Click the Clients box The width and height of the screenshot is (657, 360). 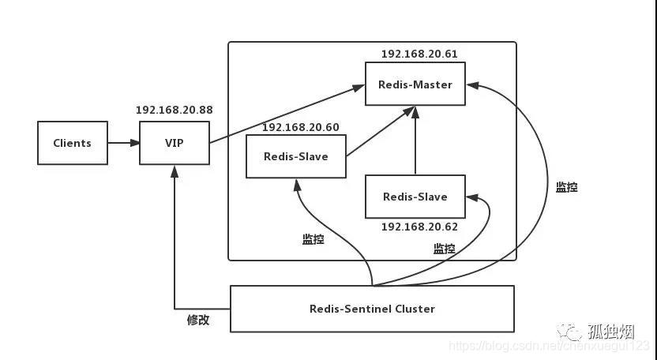pyautogui.click(x=73, y=143)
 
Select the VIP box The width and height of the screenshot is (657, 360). pyautogui.click(x=175, y=143)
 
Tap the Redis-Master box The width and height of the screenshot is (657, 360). pyautogui.click(x=415, y=84)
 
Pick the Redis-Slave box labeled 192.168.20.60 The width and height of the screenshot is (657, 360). pyautogui.click(x=296, y=156)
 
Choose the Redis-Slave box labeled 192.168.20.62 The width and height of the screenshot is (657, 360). pyautogui.click(x=415, y=197)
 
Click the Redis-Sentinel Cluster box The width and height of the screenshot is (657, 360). pyautogui.click(x=372, y=309)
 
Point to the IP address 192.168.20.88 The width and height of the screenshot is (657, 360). pyautogui.click(x=175, y=111)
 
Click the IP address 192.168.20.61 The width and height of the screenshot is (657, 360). pyautogui.click(x=419, y=54)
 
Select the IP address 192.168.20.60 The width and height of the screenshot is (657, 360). pyautogui.click(x=300, y=126)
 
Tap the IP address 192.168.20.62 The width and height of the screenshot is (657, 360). pyautogui.click(x=419, y=227)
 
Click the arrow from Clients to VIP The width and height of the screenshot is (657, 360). pyautogui.click(x=123, y=143)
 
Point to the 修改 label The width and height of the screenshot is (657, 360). pyautogui.click(x=198, y=321)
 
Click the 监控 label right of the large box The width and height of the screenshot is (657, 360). pyautogui.click(x=566, y=187)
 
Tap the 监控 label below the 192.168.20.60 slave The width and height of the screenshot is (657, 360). pyautogui.click(x=313, y=239)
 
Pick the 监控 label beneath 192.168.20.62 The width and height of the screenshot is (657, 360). pyautogui.click(x=444, y=249)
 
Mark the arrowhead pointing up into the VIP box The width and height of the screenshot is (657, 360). pyautogui.click(x=175, y=171)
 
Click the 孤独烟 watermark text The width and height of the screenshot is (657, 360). pyautogui.click(x=611, y=329)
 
